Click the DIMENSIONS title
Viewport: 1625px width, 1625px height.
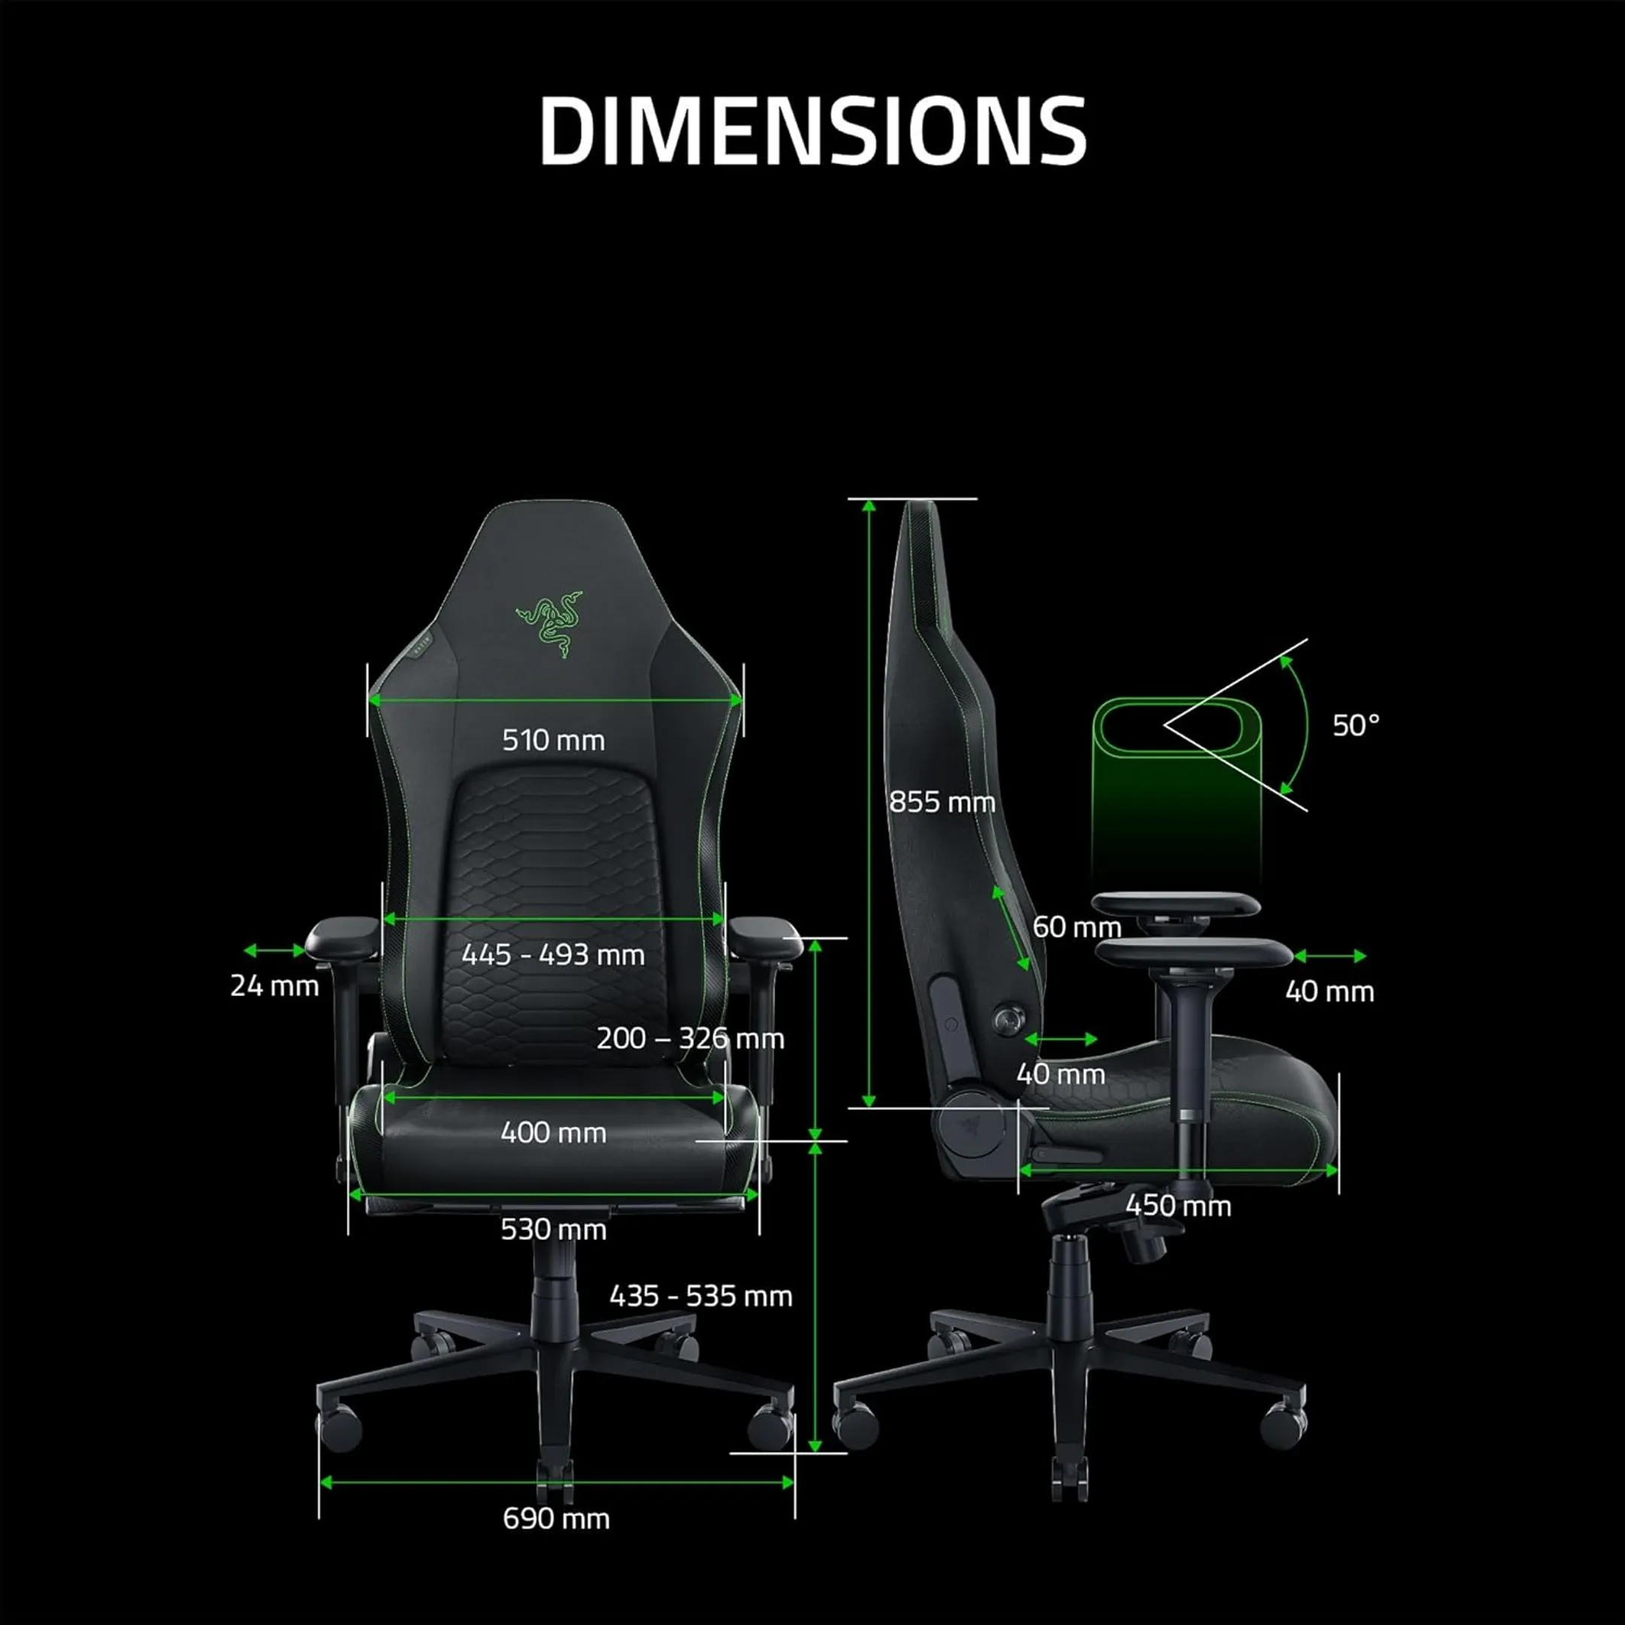[x=812, y=130]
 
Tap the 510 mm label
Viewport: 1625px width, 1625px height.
[x=554, y=740]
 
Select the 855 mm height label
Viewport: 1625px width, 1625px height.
[x=942, y=801]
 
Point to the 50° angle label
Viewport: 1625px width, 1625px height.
[x=1356, y=725]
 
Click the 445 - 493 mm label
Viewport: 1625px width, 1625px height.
[x=554, y=955]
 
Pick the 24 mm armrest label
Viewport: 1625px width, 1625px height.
[x=274, y=986]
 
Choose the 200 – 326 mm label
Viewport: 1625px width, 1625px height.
[x=690, y=1039]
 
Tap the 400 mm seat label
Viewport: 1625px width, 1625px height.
[x=554, y=1133]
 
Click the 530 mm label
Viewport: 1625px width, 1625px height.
[x=554, y=1230]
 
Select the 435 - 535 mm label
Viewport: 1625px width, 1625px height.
[x=700, y=1296]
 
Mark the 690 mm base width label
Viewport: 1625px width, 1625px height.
[x=556, y=1518]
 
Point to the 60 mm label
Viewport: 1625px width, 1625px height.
[x=1077, y=927]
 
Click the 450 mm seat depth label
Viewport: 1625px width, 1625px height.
[x=1177, y=1205]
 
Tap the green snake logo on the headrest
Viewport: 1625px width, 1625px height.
[x=549, y=623]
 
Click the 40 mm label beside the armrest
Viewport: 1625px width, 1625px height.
[x=1329, y=992]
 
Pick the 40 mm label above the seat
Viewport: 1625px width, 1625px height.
[x=1060, y=1074]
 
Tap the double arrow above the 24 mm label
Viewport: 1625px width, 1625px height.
[x=274, y=950]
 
